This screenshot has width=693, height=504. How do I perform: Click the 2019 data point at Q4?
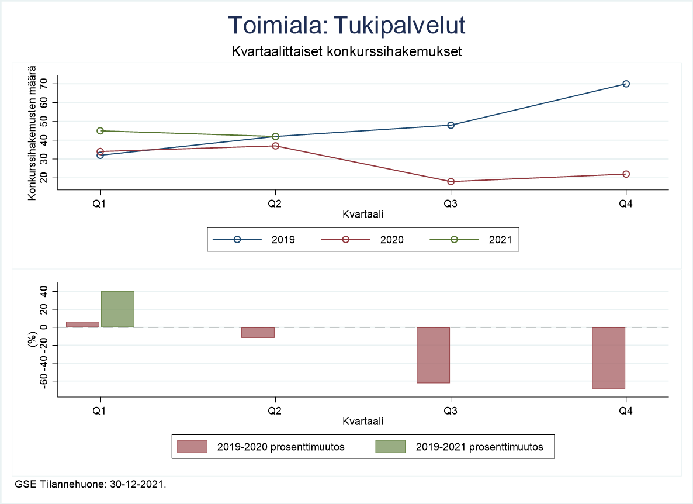pos(626,84)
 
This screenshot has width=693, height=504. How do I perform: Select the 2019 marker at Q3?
pos(451,125)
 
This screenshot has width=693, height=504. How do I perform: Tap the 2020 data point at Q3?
pos(451,182)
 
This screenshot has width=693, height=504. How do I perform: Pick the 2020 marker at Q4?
pos(626,174)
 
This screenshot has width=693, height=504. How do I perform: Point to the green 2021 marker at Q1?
pos(101,131)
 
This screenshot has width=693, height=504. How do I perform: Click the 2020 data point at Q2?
pos(275,146)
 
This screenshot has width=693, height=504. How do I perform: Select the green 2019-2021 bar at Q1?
pos(117,309)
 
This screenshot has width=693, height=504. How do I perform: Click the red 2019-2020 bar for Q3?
pos(433,355)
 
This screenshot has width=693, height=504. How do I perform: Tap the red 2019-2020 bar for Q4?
pos(608,358)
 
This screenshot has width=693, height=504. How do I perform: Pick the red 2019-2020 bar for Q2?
pos(258,332)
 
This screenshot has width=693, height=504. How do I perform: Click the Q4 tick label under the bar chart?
pos(626,410)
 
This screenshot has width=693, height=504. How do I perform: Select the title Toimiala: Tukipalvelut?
pos(346,26)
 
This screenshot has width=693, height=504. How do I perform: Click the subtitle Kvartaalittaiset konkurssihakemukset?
pos(346,51)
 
